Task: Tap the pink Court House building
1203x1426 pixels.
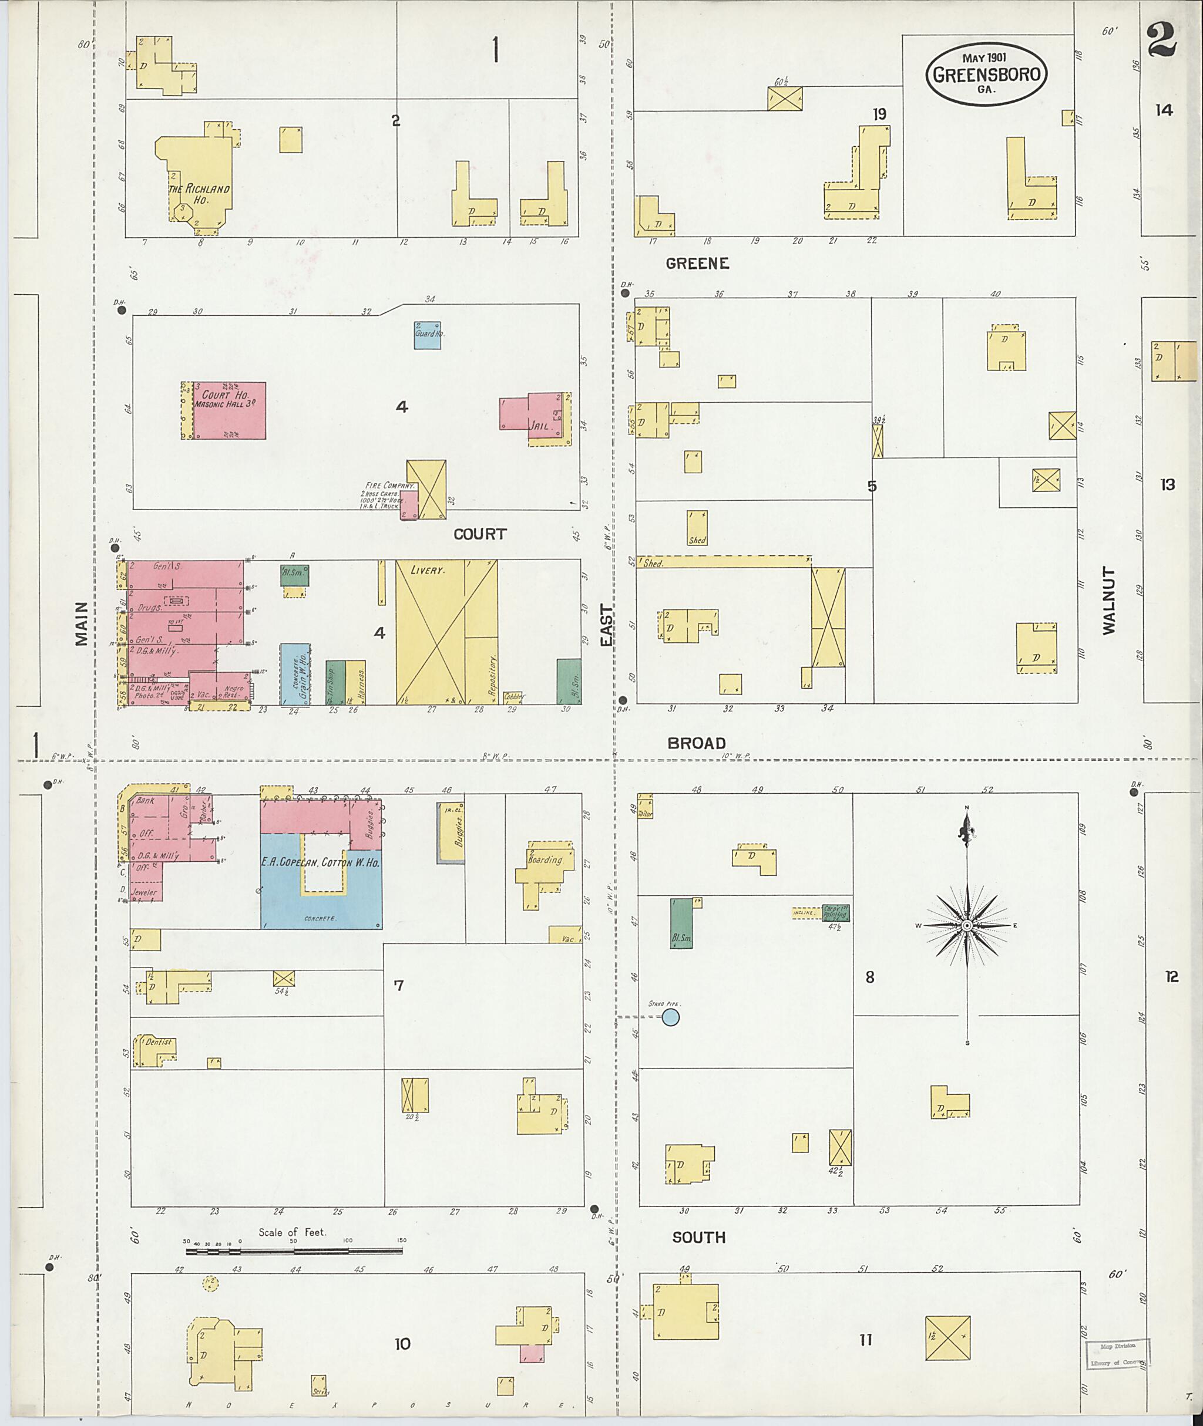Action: click(x=229, y=410)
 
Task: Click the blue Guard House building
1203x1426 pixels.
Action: click(x=428, y=335)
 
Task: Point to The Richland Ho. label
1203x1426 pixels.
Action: click(x=199, y=194)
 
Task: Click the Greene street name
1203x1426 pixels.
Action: click(x=697, y=264)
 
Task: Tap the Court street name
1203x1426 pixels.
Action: click(x=479, y=534)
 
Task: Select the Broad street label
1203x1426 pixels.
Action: click(x=696, y=743)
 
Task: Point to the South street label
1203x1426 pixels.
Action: click(x=698, y=1237)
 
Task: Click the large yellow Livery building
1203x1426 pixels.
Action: click(x=446, y=632)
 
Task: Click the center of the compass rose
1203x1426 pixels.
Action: click(x=966, y=926)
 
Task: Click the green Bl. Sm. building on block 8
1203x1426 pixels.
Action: click(x=681, y=923)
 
